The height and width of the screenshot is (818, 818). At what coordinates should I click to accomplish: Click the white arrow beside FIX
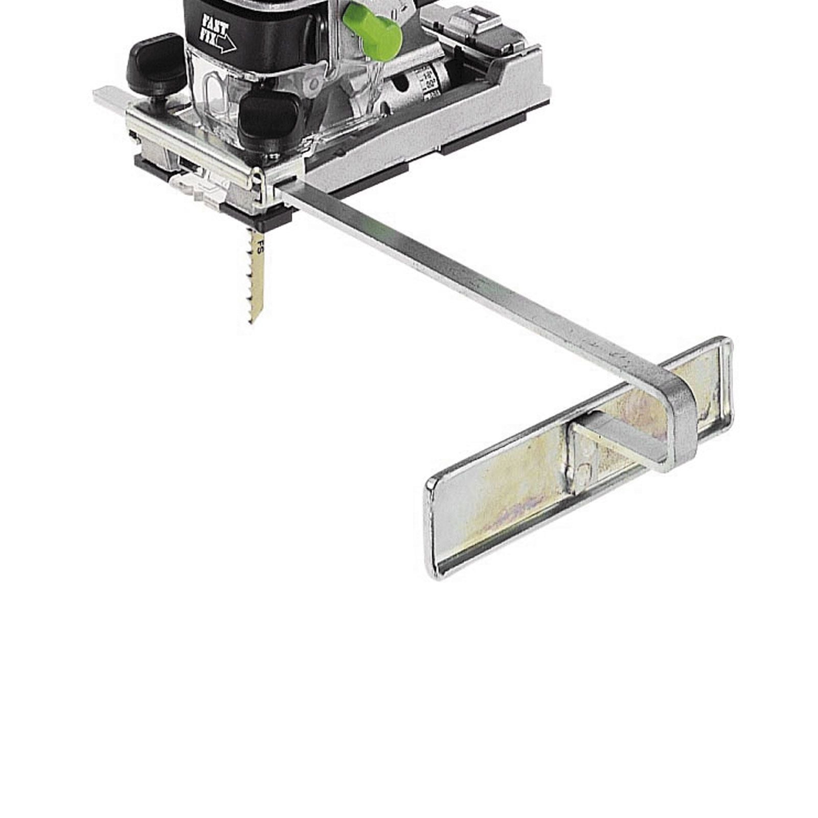click(x=225, y=45)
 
